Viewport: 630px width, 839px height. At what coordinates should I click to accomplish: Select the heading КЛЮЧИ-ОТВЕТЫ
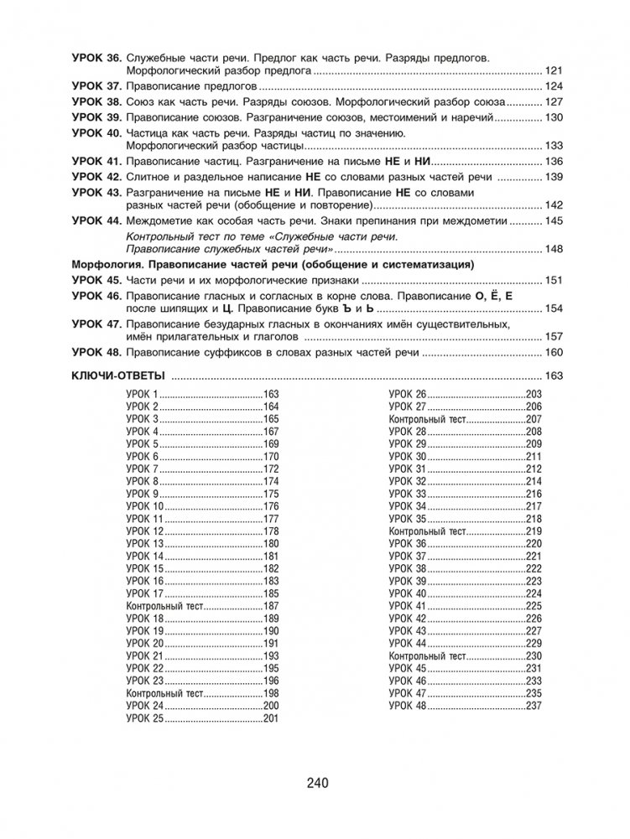pyautogui.click(x=117, y=375)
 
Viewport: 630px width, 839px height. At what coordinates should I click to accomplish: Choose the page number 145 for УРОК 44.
pyautogui.click(x=554, y=221)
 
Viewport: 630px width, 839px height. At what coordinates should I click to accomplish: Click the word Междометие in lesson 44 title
pyautogui.click(x=161, y=221)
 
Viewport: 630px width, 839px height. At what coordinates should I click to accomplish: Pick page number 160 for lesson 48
pyautogui.click(x=554, y=353)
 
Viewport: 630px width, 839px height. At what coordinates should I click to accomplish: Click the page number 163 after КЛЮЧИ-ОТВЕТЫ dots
pyautogui.click(x=554, y=375)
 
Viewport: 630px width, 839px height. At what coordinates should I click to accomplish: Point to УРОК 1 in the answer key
pyautogui.click(x=142, y=394)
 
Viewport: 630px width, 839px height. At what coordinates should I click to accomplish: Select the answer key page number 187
pyautogui.click(x=270, y=605)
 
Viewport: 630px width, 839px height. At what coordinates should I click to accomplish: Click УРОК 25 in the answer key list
pyautogui.click(x=144, y=719)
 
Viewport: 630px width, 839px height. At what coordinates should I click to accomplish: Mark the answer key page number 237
pyautogui.click(x=534, y=707)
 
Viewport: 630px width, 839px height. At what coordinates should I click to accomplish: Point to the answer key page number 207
pyautogui.click(x=534, y=418)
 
